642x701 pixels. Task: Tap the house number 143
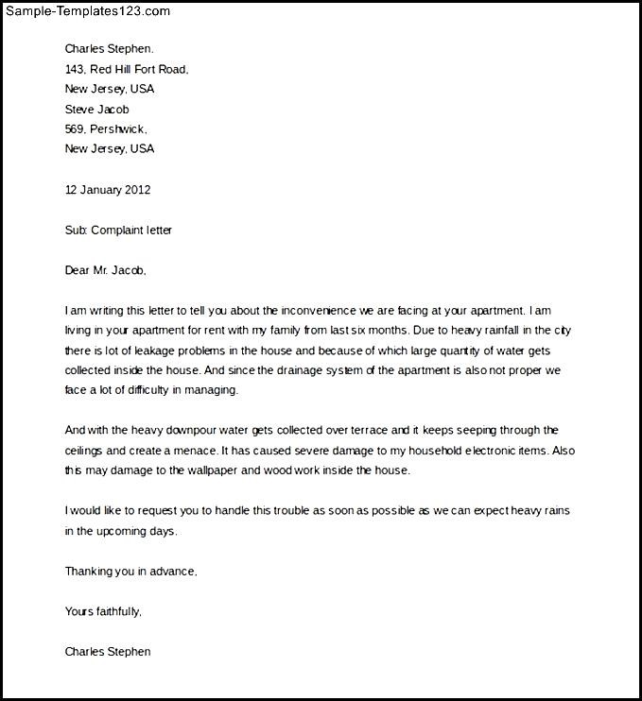click(75, 69)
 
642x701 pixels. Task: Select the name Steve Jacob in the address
click(96, 109)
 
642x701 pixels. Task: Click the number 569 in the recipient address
click(75, 128)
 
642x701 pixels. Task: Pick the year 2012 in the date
click(136, 189)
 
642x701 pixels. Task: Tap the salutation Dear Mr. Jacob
click(106, 270)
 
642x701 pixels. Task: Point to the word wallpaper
click(244, 470)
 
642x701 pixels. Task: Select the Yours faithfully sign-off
click(103, 611)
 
